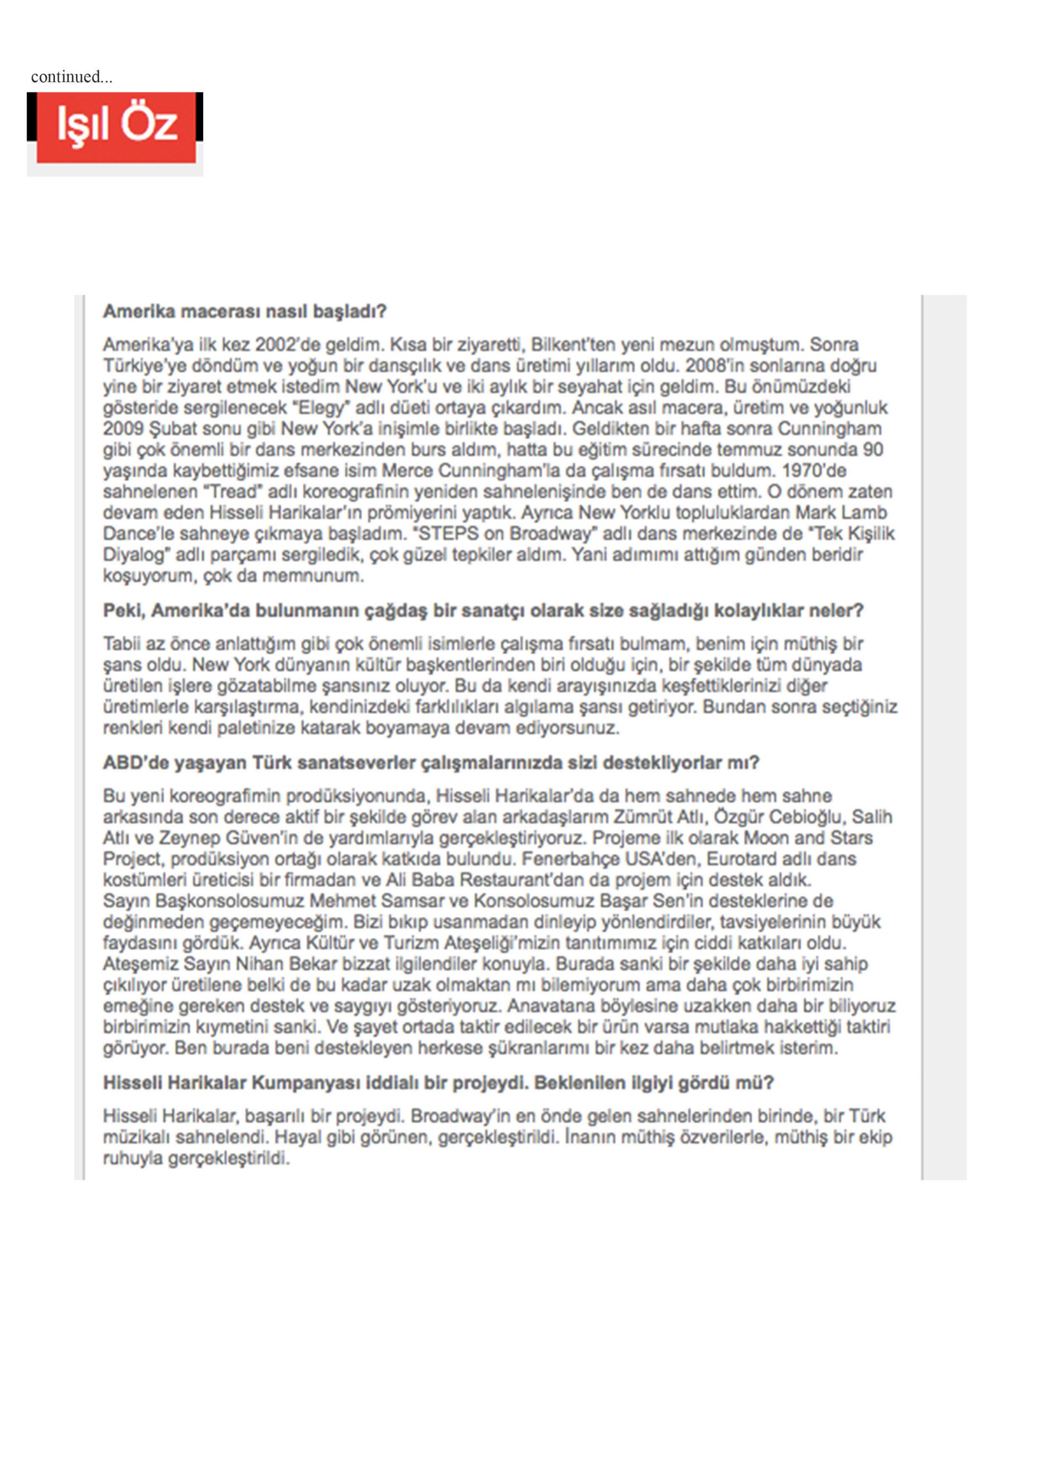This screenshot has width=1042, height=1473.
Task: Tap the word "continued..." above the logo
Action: (71, 77)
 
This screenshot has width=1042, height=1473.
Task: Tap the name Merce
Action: (408, 471)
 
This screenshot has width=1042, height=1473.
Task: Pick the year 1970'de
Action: (814, 471)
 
